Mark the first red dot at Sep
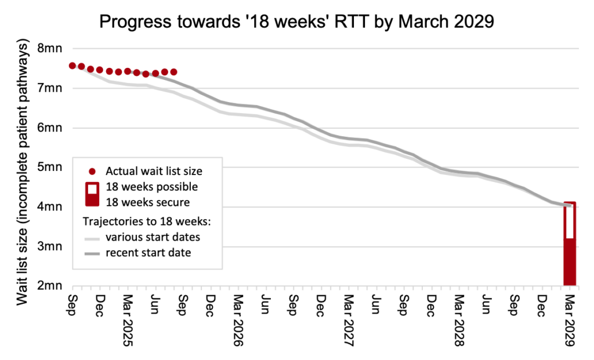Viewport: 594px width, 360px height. point(73,66)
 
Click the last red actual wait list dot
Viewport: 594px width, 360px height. point(173,72)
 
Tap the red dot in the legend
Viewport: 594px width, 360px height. point(92,172)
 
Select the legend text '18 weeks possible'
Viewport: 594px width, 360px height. point(151,187)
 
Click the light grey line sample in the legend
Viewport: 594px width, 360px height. point(92,238)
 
